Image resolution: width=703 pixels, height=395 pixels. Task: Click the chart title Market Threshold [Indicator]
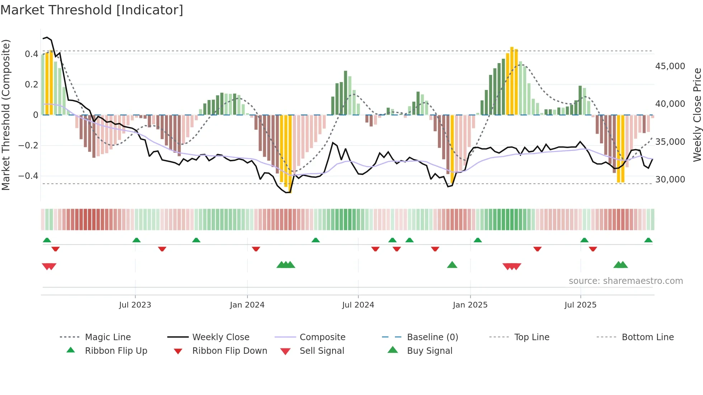(92, 10)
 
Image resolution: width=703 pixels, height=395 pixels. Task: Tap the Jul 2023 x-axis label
(135, 305)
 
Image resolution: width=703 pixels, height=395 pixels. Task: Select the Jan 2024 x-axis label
(247, 305)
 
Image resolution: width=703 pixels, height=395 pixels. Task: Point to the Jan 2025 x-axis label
(470, 305)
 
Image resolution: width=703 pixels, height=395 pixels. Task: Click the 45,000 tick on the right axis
(670, 66)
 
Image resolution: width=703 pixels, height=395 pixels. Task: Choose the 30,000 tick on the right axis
(670, 180)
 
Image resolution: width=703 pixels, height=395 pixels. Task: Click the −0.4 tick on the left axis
(28, 176)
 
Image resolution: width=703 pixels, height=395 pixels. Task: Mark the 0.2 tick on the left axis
(31, 85)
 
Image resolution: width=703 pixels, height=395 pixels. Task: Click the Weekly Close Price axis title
(697, 115)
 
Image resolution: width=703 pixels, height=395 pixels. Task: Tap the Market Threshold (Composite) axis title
(6, 115)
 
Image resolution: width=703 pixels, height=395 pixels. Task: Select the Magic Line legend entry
(108, 337)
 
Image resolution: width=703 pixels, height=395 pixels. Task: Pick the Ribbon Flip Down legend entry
(230, 351)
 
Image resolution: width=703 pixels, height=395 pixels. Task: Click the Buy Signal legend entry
(429, 351)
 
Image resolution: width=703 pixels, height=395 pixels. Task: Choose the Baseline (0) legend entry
(432, 337)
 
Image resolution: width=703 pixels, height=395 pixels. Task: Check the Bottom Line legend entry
(647, 337)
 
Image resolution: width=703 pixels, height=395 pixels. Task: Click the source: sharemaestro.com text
(626, 281)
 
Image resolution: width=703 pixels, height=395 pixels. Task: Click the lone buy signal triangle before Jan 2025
(452, 265)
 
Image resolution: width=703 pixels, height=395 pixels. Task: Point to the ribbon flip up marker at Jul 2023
(136, 240)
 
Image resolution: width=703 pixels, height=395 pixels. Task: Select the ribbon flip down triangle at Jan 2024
(256, 249)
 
